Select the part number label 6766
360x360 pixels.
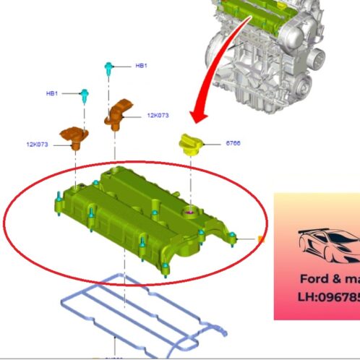pyautogui.click(x=233, y=143)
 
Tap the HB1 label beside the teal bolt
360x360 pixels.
pyautogui.click(x=141, y=66)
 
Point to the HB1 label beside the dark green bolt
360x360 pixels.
pyautogui.click(x=52, y=93)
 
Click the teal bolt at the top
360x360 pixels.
pyautogui.click(x=109, y=68)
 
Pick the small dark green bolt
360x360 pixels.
pyautogui.click(x=85, y=93)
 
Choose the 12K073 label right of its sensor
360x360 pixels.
pyautogui.click(x=158, y=115)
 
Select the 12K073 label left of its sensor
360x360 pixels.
pyautogui.click(x=37, y=145)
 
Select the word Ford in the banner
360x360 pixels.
pyautogui.click(x=314, y=279)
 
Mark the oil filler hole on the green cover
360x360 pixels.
pyautogui.click(x=191, y=211)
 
